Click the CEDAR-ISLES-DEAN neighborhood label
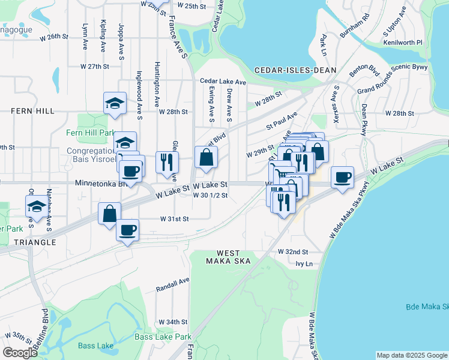coord(295,70)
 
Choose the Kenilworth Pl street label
coord(403,43)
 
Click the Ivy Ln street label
coord(304,263)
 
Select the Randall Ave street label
coord(173,280)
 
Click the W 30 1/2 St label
coord(209,195)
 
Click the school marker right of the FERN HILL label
coord(114,103)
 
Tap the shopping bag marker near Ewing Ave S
coord(206,158)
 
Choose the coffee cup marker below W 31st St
coord(127,230)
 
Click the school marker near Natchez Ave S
coord(36,207)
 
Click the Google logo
coord(20,352)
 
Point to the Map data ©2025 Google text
coord(411,355)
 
